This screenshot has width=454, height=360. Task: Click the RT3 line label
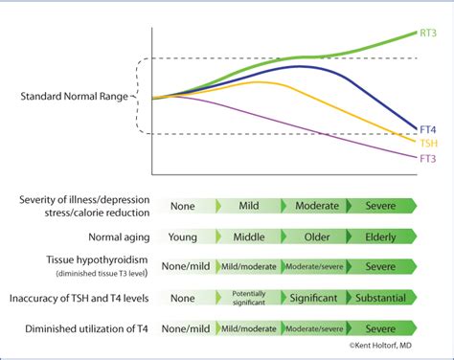[x=430, y=33]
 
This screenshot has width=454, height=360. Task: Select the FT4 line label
[x=430, y=127]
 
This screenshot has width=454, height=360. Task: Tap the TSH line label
[x=430, y=142]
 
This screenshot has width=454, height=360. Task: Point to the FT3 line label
[x=430, y=157]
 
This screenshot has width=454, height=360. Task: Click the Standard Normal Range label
[x=74, y=96]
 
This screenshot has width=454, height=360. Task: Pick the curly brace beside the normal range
[x=141, y=96]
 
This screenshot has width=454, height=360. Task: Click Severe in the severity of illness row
[x=380, y=206]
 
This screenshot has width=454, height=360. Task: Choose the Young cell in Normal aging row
[x=190, y=236]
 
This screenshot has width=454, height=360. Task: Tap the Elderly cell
[x=380, y=236]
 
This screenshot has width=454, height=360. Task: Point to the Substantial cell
[x=380, y=298]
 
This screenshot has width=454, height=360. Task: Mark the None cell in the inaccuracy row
[x=190, y=298]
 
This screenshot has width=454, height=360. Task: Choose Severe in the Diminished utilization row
[x=380, y=328]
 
